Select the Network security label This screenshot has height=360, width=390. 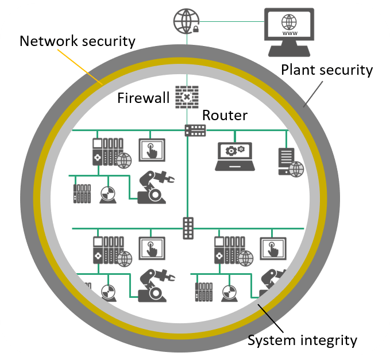[x=77, y=41]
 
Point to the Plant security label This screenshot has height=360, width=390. [x=327, y=70]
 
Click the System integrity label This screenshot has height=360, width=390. [x=302, y=340]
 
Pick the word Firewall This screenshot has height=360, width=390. [x=143, y=98]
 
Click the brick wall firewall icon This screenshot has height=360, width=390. [x=187, y=97]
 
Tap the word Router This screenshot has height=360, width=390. [x=225, y=115]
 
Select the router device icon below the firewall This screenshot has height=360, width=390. [x=195, y=130]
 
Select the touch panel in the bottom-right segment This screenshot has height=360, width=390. [x=273, y=250]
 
